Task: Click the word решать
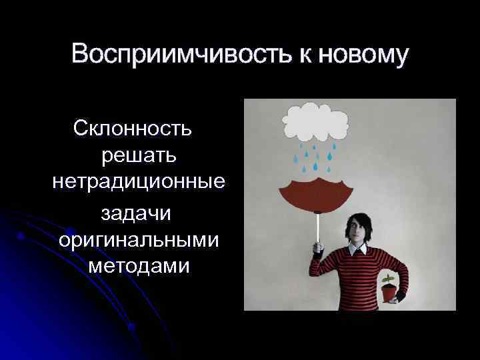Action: click(139, 155)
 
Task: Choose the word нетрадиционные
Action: click(138, 183)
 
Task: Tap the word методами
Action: click(138, 267)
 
